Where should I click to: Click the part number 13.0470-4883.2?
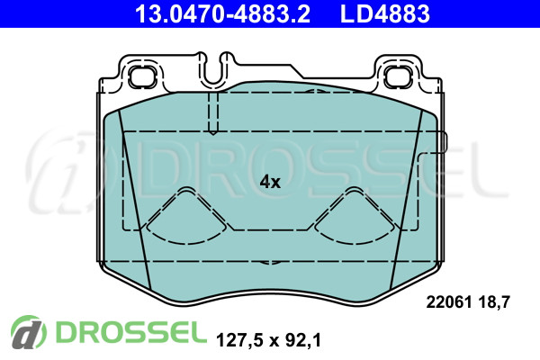tap(222, 13)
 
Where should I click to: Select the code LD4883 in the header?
tap(384, 13)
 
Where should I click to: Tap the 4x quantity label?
tap(270, 182)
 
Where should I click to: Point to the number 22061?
tap(449, 302)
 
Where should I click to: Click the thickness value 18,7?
tap(494, 302)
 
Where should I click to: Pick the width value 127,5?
tap(238, 340)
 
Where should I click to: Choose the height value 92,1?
tap(303, 340)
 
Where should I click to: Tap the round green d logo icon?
tap(28, 332)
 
